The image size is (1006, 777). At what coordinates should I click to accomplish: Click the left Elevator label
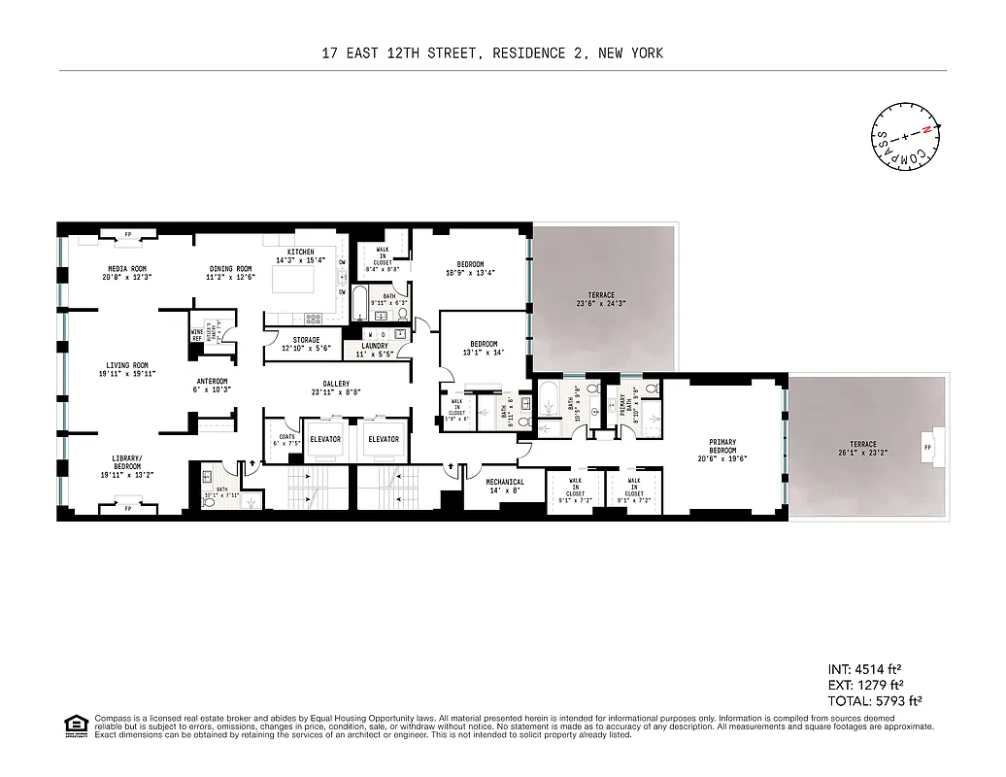(325, 439)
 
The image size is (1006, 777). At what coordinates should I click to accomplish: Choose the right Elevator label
(384, 439)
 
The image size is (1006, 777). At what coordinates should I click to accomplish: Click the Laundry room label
(375, 346)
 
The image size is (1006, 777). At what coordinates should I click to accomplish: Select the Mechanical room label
(505, 482)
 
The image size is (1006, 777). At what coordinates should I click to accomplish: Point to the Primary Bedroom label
(722, 448)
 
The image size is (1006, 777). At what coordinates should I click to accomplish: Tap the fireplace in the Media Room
(128, 233)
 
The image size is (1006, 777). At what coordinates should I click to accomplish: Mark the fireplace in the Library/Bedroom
(128, 506)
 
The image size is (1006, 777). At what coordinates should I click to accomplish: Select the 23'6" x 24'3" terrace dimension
(601, 304)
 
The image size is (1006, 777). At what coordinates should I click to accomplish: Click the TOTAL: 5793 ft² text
(874, 699)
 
